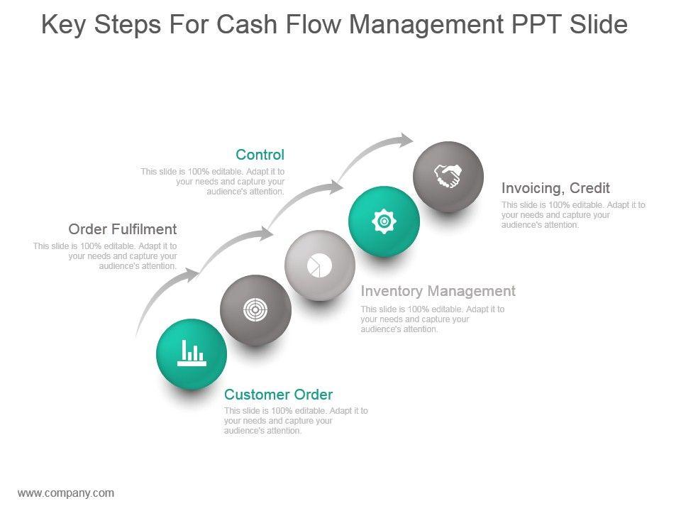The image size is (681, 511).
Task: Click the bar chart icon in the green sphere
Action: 192,353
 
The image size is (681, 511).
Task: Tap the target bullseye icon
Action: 255,310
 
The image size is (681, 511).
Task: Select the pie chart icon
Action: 320,265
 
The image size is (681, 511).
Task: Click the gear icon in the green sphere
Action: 384,221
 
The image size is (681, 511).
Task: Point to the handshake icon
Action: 448,176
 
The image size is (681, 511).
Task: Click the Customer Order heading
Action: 278,394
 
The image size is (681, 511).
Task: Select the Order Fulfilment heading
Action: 123,229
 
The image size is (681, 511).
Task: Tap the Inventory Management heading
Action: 438,291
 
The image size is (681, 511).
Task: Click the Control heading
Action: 260,154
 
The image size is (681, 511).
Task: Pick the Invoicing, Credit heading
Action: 555,188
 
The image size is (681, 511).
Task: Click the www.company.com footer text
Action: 66,493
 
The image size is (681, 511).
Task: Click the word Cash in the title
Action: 247,24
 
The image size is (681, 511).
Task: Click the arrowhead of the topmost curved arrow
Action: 406,140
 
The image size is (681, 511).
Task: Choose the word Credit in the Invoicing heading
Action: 589,187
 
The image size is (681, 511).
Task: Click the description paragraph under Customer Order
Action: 296,421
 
